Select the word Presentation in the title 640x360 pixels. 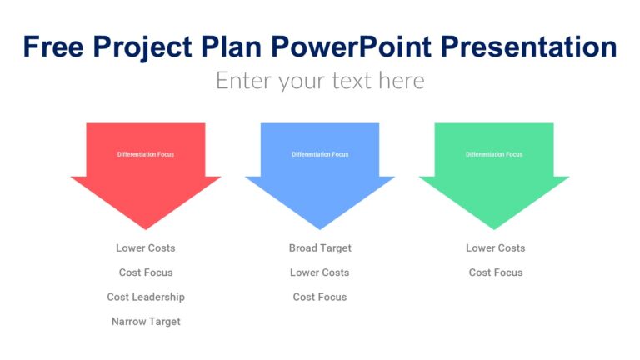[527, 47]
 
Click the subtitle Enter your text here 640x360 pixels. [320, 81]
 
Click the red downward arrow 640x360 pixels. [146, 187]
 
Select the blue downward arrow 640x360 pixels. [320, 187]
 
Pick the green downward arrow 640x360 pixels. [494, 187]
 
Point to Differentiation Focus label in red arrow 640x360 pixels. [146, 154]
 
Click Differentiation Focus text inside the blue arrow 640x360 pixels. [320, 154]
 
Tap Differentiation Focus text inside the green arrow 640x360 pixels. [494, 154]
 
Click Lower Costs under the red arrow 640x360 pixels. [146, 248]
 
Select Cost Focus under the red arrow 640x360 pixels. [146, 272]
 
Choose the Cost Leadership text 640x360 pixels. [146, 297]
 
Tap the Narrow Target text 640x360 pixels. [146, 322]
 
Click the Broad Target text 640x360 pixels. [320, 248]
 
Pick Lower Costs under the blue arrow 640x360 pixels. [320, 272]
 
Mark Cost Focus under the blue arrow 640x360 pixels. [320, 297]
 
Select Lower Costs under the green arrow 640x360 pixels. [496, 248]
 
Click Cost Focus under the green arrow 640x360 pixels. [496, 272]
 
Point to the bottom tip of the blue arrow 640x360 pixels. [320, 227]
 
